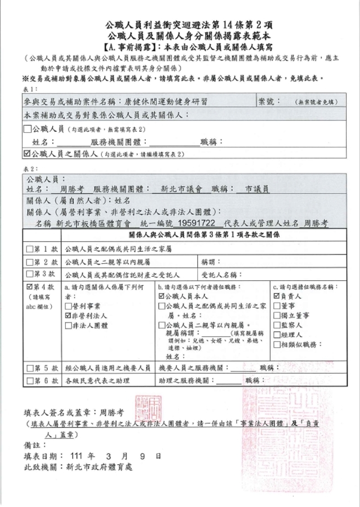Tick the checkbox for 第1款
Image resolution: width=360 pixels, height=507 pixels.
(30, 249)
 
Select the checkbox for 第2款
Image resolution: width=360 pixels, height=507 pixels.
(30, 262)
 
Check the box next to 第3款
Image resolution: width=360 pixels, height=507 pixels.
(30, 274)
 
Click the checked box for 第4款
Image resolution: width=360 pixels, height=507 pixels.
(30, 287)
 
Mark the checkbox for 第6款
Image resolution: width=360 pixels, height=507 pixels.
(30, 381)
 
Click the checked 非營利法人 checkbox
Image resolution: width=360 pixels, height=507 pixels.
(69, 316)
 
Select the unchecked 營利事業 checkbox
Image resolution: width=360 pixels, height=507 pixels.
(69, 306)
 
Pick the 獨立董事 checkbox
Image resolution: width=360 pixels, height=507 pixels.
(276, 316)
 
